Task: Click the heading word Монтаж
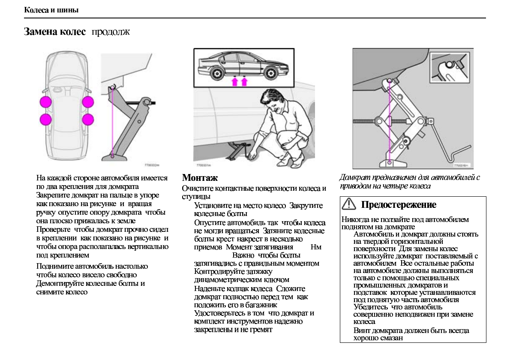point(200,178)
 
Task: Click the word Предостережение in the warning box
point(399,205)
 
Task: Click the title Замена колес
point(55,32)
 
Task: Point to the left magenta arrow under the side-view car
point(234,81)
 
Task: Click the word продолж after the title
point(111,32)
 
